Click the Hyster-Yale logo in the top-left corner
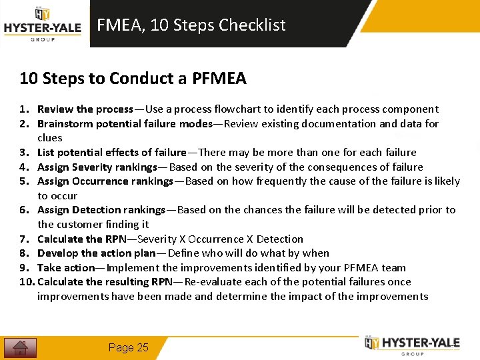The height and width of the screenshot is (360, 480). coord(42,25)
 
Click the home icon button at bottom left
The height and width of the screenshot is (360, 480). coord(20,347)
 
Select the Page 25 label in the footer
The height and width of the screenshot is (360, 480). coord(129,347)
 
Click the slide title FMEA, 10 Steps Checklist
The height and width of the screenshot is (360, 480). coord(191,25)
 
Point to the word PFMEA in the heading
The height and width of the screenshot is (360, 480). coord(219,79)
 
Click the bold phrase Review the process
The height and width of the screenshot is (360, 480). coord(85,109)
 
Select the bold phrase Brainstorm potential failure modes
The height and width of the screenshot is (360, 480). coord(125,124)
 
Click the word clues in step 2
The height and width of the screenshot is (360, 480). coord(50,138)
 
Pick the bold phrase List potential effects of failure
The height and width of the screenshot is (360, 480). coord(112,153)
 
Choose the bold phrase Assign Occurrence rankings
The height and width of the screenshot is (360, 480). coord(105,181)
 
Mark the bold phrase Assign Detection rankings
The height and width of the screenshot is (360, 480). coord(101,210)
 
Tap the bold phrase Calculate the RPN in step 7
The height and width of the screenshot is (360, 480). coord(79,239)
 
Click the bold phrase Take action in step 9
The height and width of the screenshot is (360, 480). coord(67,268)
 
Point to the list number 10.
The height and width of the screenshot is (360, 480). coord(26,282)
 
